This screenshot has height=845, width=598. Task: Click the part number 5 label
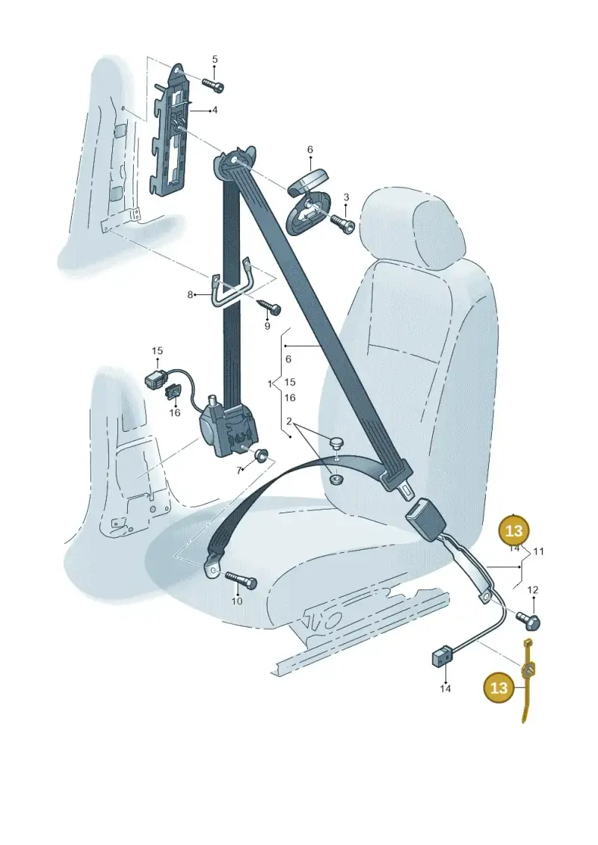click(215, 59)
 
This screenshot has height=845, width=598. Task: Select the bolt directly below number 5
click(214, 84)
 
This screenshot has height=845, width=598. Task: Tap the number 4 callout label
click(215, 111)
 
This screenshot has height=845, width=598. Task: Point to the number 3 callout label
click(346, 198)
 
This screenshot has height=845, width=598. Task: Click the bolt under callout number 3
click(342, 223)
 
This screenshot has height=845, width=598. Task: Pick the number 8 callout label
click(190, 295)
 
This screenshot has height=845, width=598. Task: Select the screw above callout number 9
click(269, 306)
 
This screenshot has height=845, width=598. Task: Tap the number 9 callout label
click(268, 326)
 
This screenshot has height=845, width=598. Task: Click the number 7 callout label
click(238, 471)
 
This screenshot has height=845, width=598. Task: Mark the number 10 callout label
click(237, 601)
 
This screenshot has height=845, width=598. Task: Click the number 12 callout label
click(532, 590)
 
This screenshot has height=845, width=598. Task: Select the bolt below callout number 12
click(528, 619)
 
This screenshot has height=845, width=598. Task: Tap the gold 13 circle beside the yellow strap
click(499, 687)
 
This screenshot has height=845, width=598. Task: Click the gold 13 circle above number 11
click(514, 531)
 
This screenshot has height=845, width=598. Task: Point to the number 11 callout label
click(538, 551)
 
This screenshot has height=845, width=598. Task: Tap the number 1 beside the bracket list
click(270, 384)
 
